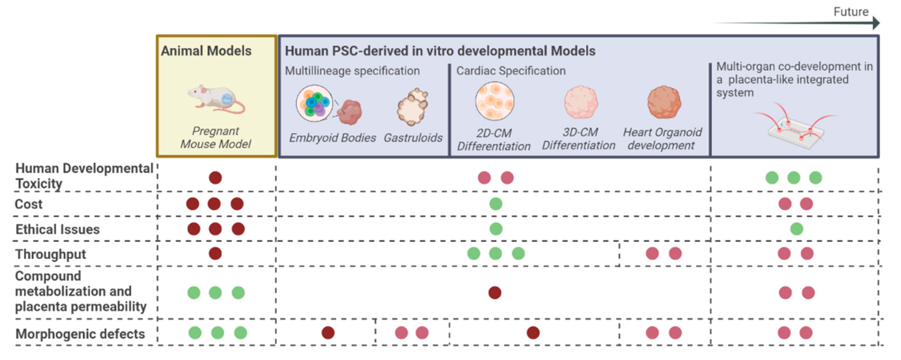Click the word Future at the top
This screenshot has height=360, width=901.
[851, 12]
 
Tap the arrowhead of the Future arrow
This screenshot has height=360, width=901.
[876, 23]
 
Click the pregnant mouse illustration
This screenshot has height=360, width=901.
[216, 99]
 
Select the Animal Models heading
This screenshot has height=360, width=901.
[206, 51]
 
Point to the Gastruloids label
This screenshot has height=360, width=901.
[413, 138]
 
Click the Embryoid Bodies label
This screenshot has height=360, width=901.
[332, 138]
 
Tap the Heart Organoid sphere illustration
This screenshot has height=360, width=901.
[664, 102]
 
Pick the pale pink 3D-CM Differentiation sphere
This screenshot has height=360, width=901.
[581, 102]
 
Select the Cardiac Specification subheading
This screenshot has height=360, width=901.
[511, 71]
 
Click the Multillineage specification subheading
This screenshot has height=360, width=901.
[352, 71]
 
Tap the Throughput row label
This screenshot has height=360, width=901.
[51, 254]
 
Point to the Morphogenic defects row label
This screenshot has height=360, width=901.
[80, 334]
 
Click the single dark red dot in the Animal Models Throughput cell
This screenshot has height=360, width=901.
[215, 253]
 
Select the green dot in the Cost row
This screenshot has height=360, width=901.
[496, 204]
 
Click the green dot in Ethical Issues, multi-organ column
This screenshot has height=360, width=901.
[796, 229]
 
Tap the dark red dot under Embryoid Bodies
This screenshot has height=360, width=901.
[328, 332]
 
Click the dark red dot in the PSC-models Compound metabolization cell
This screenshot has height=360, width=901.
[495, 292]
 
